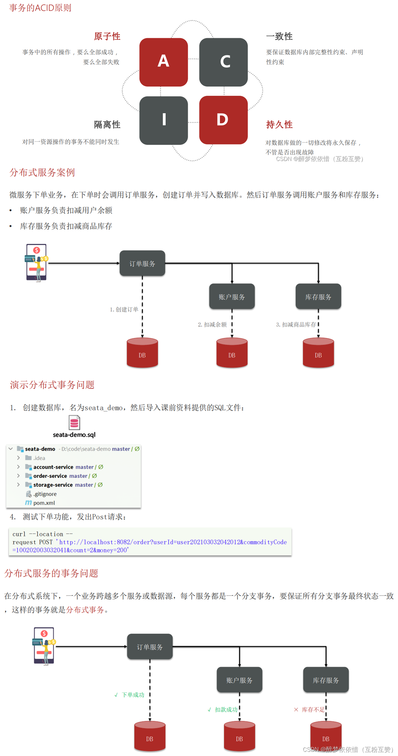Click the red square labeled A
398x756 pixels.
[163, 62]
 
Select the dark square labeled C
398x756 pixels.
[223, 62]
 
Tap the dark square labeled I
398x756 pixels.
[163, 120]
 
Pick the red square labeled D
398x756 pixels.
[223, 120]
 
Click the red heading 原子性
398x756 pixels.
[107, 36]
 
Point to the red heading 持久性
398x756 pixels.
[279, 125]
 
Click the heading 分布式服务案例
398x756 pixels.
[42, 173]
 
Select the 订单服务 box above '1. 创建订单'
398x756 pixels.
[142, 263]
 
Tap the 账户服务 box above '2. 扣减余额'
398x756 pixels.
[232, 296]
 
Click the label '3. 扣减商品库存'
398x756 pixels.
[296, 325]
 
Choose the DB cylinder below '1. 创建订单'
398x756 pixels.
[142, 353]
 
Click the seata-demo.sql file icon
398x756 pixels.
[74, 422]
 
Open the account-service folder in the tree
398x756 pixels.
[53, 467]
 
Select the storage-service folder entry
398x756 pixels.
[53, 485]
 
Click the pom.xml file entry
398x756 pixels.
[44, 503]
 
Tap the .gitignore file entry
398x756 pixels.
[45, 494]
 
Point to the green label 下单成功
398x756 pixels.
[133, 695]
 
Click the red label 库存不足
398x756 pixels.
[313, 710]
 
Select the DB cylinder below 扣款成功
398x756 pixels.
[239, 736]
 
